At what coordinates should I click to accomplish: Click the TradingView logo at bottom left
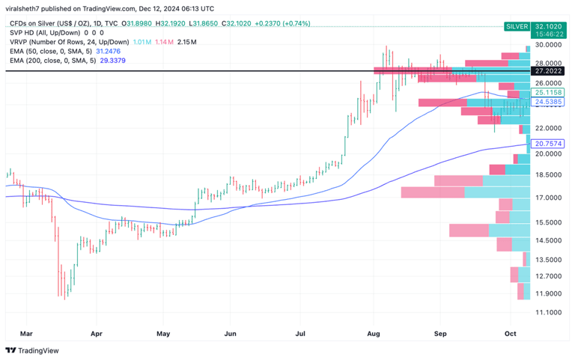click(32, 350)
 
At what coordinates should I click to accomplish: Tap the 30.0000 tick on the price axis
click(549, 45)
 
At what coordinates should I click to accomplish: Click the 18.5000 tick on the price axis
click(549, 174)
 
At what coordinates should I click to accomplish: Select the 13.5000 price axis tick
click(549, 260)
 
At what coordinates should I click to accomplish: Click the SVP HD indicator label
click(25, 33)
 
